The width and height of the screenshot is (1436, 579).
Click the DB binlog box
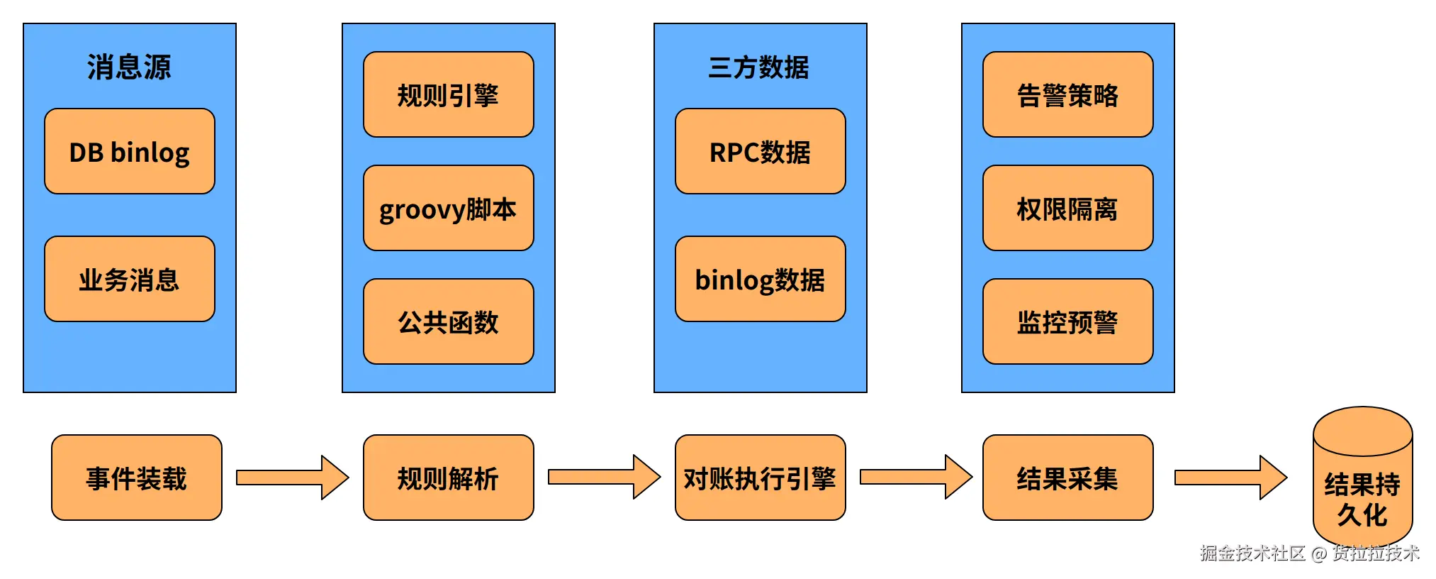(129, 151)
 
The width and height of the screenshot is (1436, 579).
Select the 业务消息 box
(129, 279)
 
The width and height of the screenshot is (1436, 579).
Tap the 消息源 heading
(129, 67)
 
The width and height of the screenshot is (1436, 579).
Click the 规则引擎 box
(448, 94)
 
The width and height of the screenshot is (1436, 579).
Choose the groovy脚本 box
(448, 208)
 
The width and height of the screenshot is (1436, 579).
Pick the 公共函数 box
(448, 321)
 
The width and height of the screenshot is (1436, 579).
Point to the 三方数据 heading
(759, 67)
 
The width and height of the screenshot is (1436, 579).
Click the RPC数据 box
(760, 151)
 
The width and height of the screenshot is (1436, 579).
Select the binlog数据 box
(760, 279)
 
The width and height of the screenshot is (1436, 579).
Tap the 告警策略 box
(1067, 94)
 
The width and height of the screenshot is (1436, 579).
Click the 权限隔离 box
(1067, 208)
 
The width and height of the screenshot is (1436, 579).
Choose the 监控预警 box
(1067, 321)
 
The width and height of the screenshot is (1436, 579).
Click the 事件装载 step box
(136, 478)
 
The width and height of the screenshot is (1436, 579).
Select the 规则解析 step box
(448, 478)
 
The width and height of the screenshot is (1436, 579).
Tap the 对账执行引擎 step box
(760, 478)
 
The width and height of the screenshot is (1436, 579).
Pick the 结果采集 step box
(1067, 478)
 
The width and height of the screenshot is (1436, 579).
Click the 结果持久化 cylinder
(1362, 490)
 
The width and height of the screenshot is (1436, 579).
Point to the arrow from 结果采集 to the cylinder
(1230, 478)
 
